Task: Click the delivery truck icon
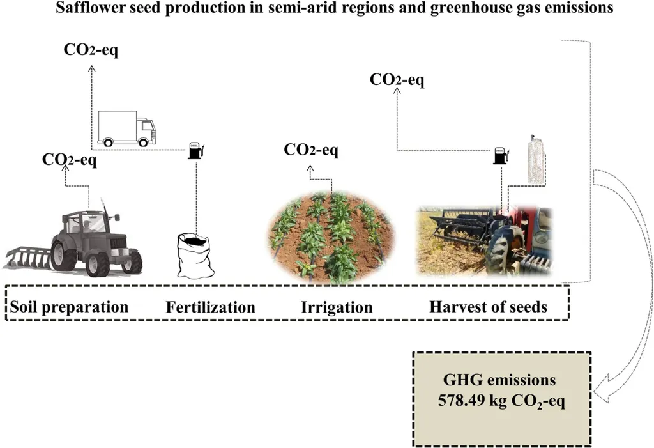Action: click(126, 128)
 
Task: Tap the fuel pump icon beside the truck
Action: click(195, 150)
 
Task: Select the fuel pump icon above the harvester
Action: click(500, 155)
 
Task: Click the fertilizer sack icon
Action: click(195, 255)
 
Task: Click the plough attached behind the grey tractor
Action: click(26, 256)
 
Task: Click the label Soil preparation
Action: click(69, 307)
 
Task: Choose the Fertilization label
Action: click(210, 307)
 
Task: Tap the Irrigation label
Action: click(337, 307)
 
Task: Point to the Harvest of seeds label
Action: click(488, 307)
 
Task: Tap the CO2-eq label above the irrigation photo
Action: click(311, 151)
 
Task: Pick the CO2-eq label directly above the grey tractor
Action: click(70, 160)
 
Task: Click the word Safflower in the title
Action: click(89, 9)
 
